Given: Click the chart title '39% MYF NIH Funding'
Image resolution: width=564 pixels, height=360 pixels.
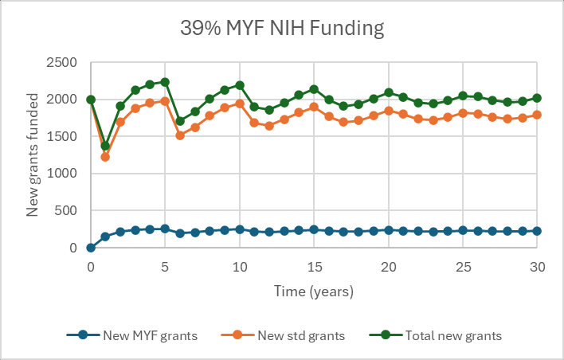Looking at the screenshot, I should [282, 29].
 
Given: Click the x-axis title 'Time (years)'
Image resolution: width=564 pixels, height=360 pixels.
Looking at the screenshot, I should [314, 292].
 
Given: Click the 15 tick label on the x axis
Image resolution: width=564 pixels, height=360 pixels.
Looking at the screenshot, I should [314, 268].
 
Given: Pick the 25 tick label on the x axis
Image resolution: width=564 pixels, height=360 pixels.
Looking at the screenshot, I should [463, 268].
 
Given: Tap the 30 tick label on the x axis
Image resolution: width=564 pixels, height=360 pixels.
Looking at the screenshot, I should [537, 268].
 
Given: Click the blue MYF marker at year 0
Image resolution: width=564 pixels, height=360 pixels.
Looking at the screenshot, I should [91, 248].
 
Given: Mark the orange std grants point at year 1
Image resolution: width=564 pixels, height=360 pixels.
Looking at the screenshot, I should [105, 157].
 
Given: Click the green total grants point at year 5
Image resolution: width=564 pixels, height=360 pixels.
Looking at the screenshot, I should [165, 82].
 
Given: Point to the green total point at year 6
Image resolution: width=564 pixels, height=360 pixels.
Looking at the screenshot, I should [180, 121].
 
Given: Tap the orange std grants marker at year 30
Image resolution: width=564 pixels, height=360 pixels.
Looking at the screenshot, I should [537, 115].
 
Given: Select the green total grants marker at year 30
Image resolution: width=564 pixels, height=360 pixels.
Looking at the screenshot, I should [537, 98].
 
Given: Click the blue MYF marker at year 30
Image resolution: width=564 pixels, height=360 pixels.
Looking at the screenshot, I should [537, 231].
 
